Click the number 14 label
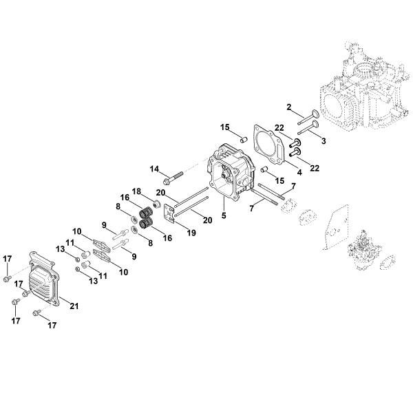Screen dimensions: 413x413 154,169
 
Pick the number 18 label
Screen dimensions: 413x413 136,191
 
